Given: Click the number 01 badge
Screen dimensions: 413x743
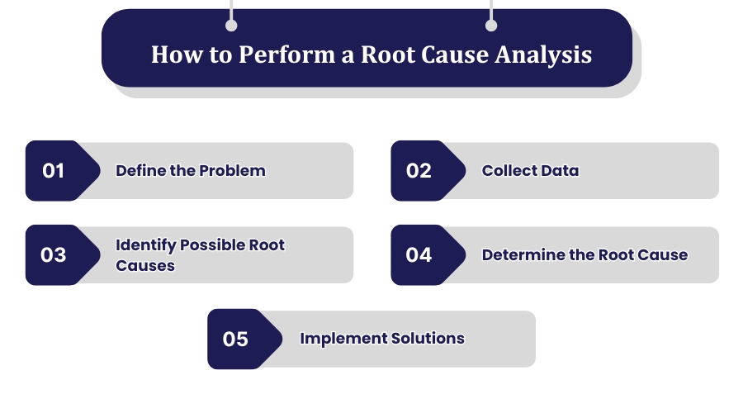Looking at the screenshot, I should pyautogui.click(x=54, y=171).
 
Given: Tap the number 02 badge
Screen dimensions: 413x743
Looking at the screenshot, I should pyautogui.click(x=419, y=171).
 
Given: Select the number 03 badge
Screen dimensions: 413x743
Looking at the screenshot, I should pyautogui.click(x=54, y=255).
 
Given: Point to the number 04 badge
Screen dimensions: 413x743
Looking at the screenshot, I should pyautogui.click(x=419, y=255).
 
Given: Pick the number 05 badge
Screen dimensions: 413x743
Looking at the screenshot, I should pyautogui.click(x=235, y=339).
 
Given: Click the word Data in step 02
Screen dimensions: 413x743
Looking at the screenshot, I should pyautogui.click(x=560, y=171).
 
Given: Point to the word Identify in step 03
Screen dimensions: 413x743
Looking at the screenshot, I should pyautogui.click(x=145, y=245).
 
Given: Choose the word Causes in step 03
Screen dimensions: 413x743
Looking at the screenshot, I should pyautogui.click(x=145, y=265).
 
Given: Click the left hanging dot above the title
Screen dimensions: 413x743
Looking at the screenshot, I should pyautogui.click(x=231, y=26).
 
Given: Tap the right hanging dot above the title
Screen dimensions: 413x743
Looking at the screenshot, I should pyautogui.click(x=491, y=26).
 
